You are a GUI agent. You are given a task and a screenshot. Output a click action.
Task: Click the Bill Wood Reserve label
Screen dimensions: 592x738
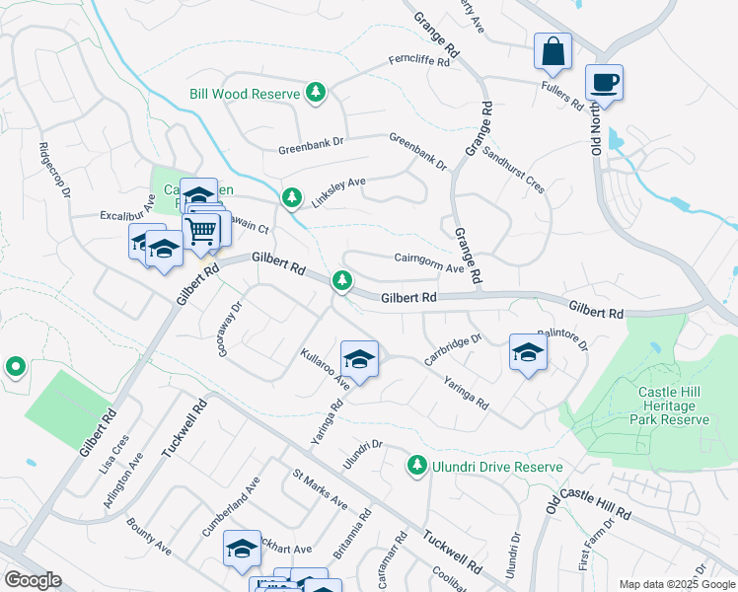244,94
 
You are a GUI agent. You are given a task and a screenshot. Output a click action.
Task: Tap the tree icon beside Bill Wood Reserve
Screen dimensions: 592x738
316,94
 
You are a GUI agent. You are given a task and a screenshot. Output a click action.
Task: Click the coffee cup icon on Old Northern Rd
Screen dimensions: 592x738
603,82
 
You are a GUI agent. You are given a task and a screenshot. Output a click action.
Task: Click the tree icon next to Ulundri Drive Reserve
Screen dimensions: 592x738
417,465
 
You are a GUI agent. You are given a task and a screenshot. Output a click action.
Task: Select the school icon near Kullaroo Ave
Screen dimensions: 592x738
359,359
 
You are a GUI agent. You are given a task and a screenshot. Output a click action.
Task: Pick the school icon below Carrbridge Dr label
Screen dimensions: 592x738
528,353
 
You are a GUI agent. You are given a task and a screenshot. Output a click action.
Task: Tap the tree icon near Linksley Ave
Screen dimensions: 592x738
291,197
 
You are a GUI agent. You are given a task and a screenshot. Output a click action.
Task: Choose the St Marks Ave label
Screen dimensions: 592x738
320,491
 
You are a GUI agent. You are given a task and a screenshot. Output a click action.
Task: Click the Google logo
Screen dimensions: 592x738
34,580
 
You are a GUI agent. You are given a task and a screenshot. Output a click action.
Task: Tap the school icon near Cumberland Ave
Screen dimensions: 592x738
241,549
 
